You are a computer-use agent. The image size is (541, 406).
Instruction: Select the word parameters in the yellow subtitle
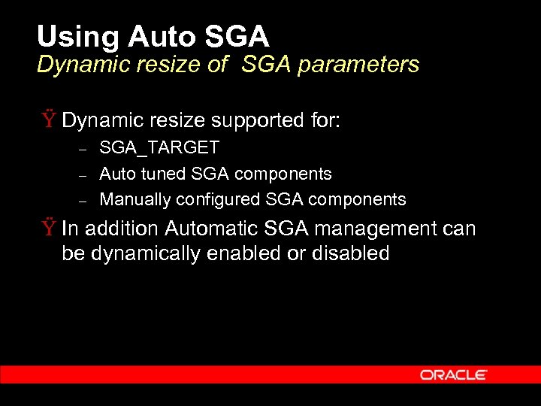358,65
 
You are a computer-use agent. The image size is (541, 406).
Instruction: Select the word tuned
163,174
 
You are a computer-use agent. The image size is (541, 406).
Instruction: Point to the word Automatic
210,229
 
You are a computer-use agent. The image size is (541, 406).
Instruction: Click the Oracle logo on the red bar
454,374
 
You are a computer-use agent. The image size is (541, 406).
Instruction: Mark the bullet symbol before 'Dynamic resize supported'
48,120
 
